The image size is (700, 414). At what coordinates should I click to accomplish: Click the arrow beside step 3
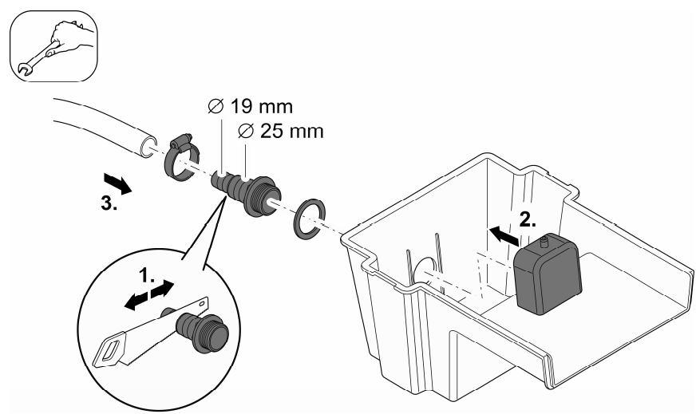116,184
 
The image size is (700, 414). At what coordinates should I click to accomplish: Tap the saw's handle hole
109,352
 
